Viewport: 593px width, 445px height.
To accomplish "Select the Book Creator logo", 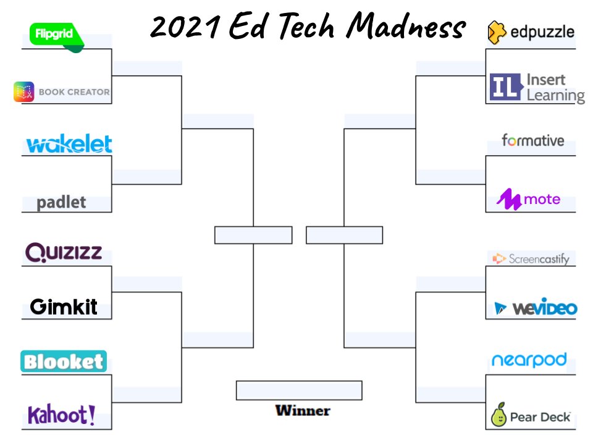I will coord(62,92).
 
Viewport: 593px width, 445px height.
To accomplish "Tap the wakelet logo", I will coord(69,145).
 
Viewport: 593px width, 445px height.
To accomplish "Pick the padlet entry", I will coord(61,202).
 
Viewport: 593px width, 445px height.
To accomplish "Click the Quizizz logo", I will coord(64,252).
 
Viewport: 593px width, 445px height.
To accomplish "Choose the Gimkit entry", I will coord(64,306).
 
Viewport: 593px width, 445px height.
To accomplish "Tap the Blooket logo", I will coord(64,362).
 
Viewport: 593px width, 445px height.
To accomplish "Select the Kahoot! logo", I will coord(62,415).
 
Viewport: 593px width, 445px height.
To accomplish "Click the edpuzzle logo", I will coord(531,31).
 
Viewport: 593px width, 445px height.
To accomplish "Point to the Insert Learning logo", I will coord(537,87).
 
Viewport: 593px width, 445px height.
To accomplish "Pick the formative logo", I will coord(532,140).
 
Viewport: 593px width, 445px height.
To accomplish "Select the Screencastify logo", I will coord(531,258).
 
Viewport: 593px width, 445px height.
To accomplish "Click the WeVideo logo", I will coord(536,308).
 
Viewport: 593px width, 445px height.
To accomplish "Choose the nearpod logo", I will coord(529,360).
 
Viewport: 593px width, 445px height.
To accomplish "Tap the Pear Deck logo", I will coord(531,416).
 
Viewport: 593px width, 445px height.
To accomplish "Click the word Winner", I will coord(303,410).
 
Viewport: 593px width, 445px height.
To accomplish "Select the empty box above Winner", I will coord(299,391).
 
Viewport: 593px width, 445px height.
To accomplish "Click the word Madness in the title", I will coord(406,26).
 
